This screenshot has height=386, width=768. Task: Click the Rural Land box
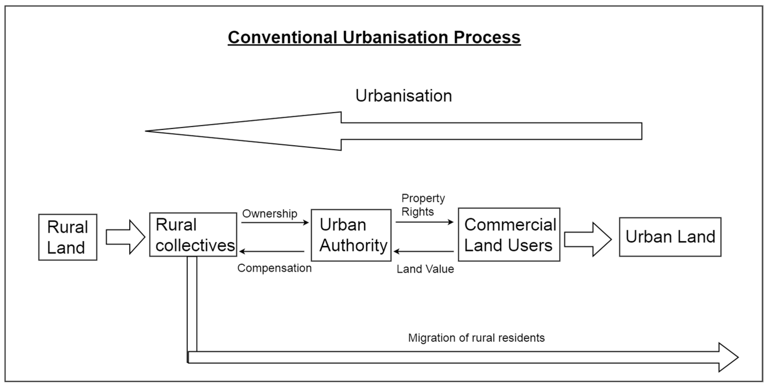[68, 237]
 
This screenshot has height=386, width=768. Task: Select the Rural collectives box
[193, 234]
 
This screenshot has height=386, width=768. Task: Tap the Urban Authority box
[351, 235]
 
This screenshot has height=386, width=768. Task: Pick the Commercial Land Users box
[509, 234]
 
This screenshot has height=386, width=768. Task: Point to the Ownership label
[270, 214]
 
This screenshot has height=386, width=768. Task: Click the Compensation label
[274, 268]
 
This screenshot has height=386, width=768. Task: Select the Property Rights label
[423, 205]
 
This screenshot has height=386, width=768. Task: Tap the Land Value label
[425, 269]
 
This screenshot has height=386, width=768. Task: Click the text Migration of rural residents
[476, 338]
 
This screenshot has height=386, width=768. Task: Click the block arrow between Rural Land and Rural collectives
[125, 237]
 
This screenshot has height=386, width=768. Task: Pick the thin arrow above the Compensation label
[272, 251]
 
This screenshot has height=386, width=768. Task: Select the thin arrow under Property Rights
[425, 222]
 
